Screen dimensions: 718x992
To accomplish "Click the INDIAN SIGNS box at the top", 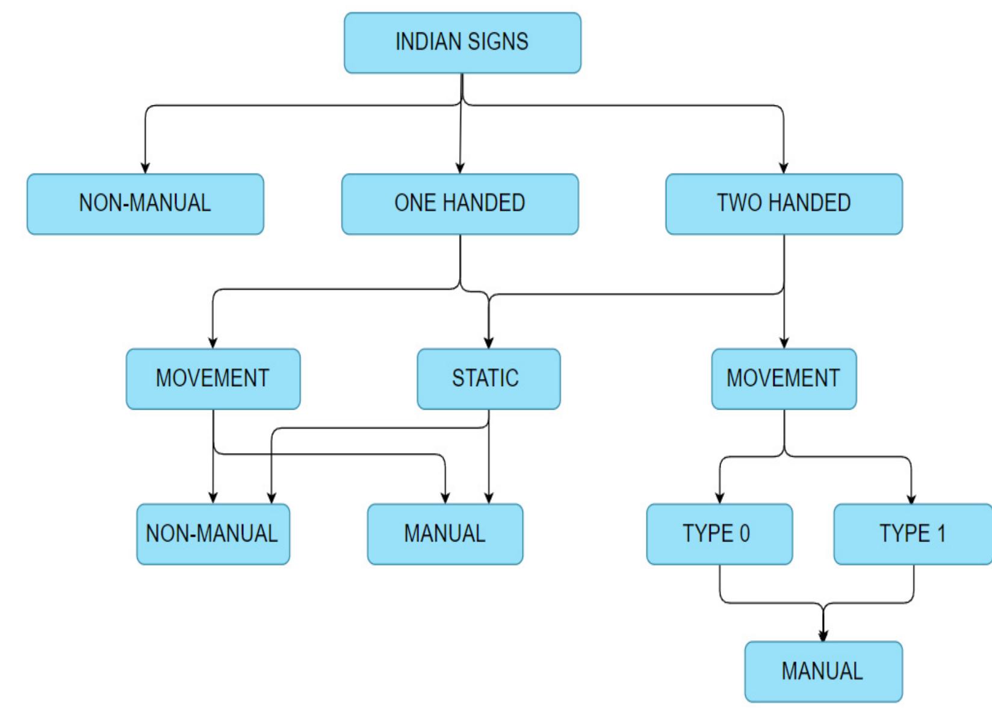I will (462, 43).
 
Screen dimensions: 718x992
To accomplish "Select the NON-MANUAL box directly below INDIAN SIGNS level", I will (145, 204).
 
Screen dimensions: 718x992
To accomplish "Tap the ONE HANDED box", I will (460, 204).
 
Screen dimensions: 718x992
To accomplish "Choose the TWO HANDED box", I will (784, 204).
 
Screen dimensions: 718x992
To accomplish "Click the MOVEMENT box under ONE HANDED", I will (213, 378).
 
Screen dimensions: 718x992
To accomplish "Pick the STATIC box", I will (488, 378).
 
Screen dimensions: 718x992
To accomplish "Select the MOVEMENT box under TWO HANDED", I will (784, 378).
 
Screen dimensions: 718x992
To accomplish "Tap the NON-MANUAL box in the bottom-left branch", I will (213, 534).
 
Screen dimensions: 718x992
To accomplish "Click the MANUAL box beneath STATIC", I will (445, 534).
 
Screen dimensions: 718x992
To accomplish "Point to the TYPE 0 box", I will (719, 534).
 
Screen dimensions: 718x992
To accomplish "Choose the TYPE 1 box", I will (913, 534).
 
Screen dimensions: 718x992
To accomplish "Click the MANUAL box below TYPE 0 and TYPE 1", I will (823, 671).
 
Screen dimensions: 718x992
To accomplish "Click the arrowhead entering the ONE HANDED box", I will (460, 168).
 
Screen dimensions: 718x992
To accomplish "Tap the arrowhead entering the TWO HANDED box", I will (783, 168).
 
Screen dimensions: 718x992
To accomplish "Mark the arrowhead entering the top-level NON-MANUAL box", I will (145, 168).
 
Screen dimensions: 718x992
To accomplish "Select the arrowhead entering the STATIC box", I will (489, 343).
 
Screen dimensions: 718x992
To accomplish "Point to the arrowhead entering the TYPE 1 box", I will (911, 499).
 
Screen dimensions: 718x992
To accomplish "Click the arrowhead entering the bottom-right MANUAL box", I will (823, 635).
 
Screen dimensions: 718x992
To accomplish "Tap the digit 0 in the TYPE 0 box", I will (745, 534).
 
